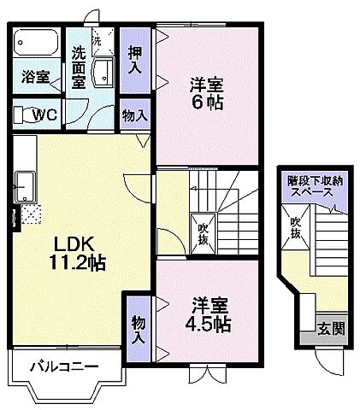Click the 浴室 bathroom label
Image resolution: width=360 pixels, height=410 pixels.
[x=34, y=75]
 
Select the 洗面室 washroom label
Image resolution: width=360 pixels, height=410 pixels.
[x=80, y=67]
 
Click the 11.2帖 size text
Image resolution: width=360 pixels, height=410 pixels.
[x=78, y=262]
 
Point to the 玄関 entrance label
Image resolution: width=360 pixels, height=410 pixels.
[x=332, y=327]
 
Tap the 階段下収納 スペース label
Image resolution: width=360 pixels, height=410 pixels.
[x=317, y=187]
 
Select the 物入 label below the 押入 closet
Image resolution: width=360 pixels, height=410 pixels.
[x=134, y=115]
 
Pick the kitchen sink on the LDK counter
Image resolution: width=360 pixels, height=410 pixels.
[x=23, y=184]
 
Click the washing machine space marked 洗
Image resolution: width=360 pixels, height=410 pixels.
[x=97, y=39]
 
